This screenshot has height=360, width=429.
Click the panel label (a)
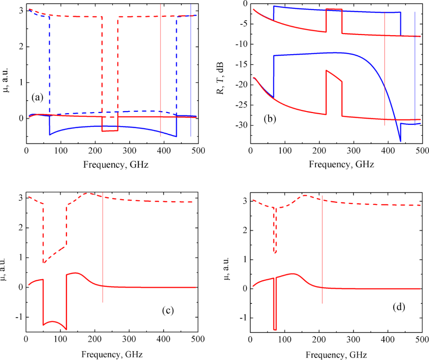click(38, 98)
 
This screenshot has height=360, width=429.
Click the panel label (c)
click(168, 311)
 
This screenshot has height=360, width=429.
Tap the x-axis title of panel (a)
click(115, 165)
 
